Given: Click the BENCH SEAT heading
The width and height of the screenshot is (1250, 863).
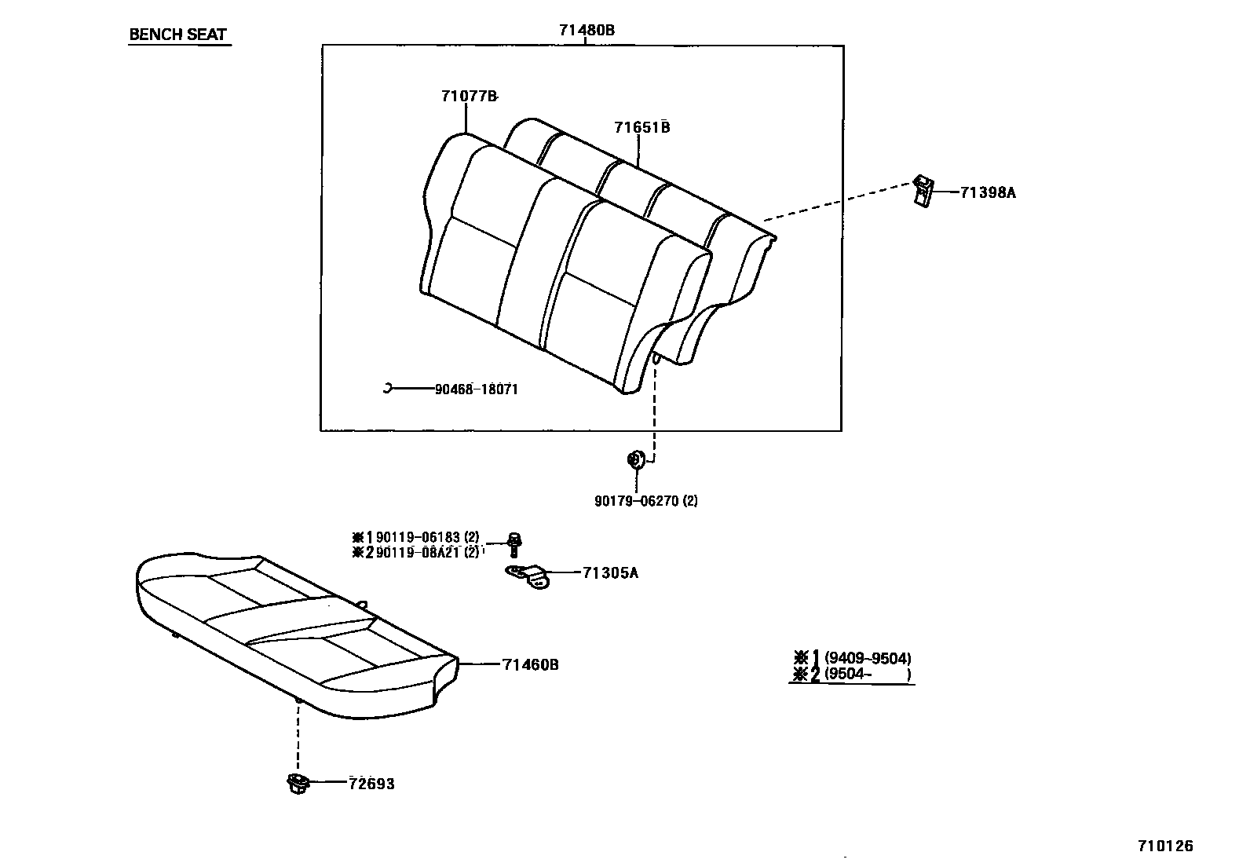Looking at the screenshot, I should point(177,35).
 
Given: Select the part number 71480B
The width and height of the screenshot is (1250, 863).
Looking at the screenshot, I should point(586,30).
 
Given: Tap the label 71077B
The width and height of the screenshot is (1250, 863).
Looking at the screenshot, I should point(469,97).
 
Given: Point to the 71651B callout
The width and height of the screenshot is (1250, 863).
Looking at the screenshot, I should point(641,127).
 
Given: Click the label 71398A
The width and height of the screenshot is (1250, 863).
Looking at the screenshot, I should point(987,192).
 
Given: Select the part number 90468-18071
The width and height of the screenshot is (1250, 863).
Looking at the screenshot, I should point(476,389).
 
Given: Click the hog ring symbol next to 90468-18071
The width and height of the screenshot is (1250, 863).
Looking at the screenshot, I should point(387,388).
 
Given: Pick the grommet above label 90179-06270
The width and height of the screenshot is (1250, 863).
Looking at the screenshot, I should point(635,459).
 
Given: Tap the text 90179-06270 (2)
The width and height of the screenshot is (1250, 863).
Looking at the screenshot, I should point(645,501).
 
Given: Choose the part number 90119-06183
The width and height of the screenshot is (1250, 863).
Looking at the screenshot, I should point(418,538).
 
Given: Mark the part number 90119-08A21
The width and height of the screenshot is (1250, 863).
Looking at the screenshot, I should point(418,553).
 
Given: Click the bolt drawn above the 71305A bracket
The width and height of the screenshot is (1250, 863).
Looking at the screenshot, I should point(514,543).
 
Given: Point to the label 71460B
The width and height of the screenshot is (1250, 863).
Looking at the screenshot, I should point(531,665).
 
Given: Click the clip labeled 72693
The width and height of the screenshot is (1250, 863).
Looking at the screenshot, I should point(298,783).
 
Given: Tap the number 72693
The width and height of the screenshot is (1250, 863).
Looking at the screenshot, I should point(371,784).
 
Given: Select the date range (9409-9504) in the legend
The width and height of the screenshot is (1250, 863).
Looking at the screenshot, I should point(868,659).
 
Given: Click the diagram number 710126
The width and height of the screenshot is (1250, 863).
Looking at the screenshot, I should point(1165,846).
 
